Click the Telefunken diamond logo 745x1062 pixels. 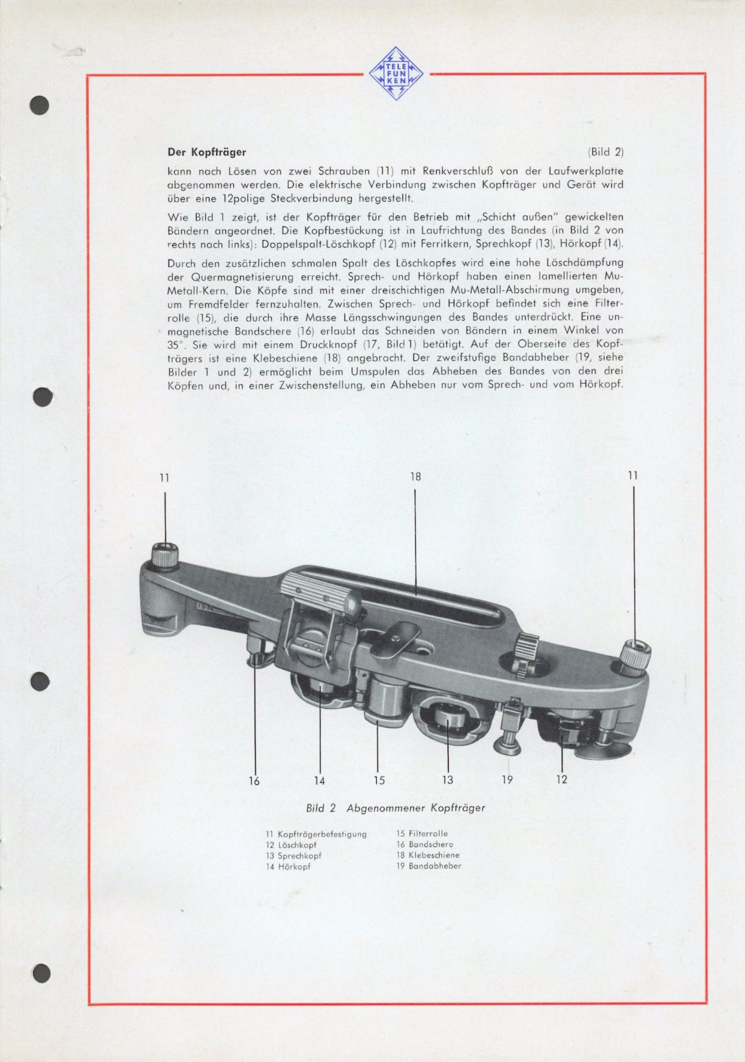[x=396, y=73]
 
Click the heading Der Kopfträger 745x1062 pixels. [x=206, y=151]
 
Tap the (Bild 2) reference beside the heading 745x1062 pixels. [x=605, y=151]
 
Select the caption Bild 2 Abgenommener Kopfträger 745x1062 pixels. [x=396, y=807]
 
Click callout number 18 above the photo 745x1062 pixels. [x=415, y=476]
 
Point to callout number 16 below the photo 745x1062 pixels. [x=254, y=780]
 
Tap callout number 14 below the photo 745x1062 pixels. [x=319, y=780]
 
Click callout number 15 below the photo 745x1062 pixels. [x=379, y=780]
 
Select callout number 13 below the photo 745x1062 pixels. [x=448, y=780]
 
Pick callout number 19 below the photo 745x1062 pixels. [x=507, y=779]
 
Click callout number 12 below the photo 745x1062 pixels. [x=562, y=779]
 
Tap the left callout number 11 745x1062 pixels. [x=164, y=478]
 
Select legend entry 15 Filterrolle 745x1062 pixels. [x=422, y=834]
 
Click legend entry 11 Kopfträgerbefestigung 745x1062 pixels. [x=316, y=834]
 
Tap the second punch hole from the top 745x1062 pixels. [x=42, y=397]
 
